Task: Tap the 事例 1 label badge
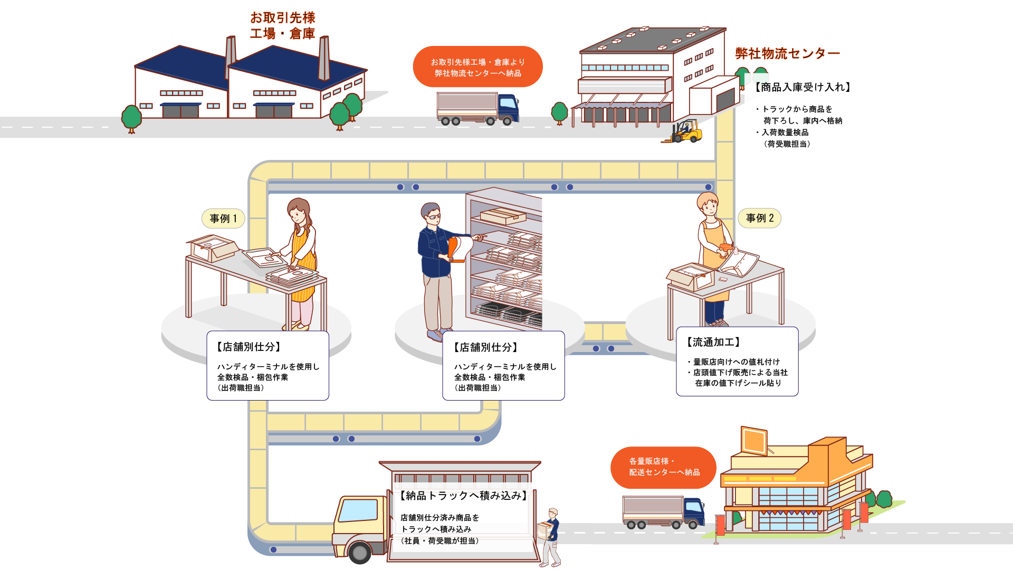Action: [x=223, y=218]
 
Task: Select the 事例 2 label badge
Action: [x=760, y=218]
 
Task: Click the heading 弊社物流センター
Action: [x=787, y=53]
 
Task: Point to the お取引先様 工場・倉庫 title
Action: [x=283, y=25]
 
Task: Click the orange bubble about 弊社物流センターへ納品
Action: [x=477, y=67]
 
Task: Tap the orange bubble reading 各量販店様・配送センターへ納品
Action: [x=663, y=467]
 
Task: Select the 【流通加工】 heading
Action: [x=713, y=342]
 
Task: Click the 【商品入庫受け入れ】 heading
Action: [x=802, y=87]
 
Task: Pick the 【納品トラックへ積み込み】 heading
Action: [x=463, y=496]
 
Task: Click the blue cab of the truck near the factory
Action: [x=508, y=108]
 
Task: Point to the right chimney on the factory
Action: [x=324, y=58]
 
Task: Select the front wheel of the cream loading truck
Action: [x=360, y=553]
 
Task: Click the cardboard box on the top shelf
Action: [x=503, y=215]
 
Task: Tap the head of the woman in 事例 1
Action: [x=298, y=211]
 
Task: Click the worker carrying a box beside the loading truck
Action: [x=551, y=536]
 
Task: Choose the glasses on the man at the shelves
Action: [x=434, y=216]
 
